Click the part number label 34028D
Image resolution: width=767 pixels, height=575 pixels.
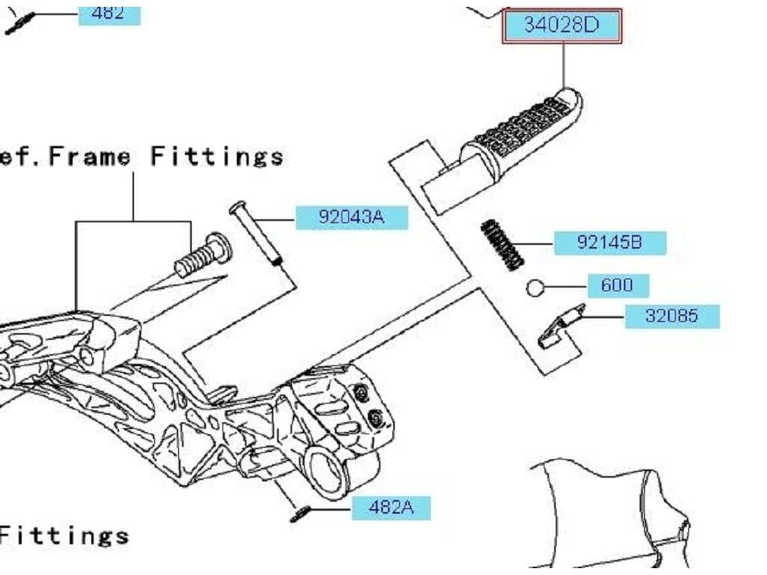tap(562, 26)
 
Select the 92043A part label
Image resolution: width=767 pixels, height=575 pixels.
tap(351, 218)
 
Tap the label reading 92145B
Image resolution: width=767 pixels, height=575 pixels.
tap(609, 243)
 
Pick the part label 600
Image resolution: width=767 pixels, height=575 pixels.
tap(616, 285)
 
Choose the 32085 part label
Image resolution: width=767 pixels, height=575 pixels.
tap(672, 316)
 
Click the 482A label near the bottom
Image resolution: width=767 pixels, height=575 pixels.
tap(390, 508)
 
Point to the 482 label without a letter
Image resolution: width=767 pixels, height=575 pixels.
tap(109, 13)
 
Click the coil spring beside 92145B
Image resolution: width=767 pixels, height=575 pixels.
tap(502, 244)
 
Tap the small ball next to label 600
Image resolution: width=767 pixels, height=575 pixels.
tap(534, 287)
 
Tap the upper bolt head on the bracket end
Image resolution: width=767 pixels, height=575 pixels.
tap(362, 394)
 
